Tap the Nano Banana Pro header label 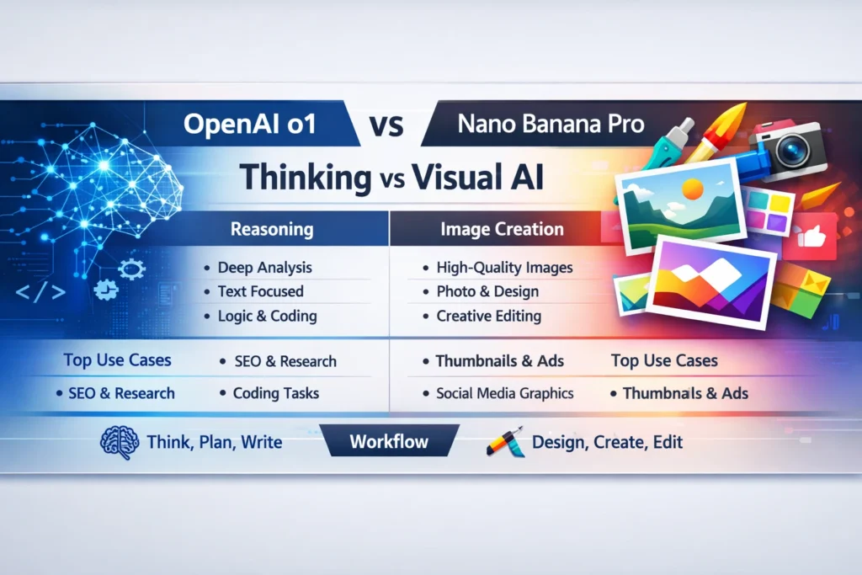(x=551, y=125)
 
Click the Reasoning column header (x=271, y=229)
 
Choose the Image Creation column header (x=502, y=229)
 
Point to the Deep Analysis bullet (x=264, y=268)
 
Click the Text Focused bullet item (x=260, y=291)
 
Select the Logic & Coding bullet (x=267, y=317)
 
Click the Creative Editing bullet (x=488, y=317)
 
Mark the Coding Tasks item (x=275, y=393)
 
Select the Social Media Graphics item (x=504, y=393)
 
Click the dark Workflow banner (x=389, y=441)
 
